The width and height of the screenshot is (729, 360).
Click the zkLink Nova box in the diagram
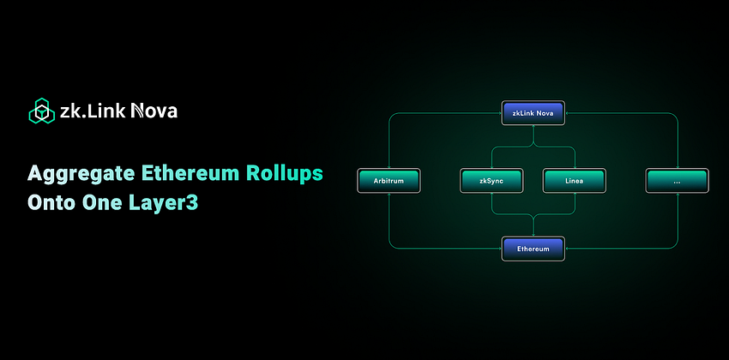(533, 112)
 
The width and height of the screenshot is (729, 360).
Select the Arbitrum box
(389, 180)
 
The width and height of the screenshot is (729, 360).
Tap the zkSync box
(491, 180)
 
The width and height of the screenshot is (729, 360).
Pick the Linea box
(575, 180)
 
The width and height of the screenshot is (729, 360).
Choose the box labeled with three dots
(677, 180)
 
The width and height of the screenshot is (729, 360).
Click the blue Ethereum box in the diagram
(533, 249)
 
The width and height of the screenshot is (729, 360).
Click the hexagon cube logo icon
(41, 111)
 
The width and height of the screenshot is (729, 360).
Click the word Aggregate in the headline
(81, 173)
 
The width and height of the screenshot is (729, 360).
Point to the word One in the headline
(105, 206)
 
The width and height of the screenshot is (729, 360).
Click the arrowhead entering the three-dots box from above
(677, 166)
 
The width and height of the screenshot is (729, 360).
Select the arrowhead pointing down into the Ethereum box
(533, 234)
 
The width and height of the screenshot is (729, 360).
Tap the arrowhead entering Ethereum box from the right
(568, 249)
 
